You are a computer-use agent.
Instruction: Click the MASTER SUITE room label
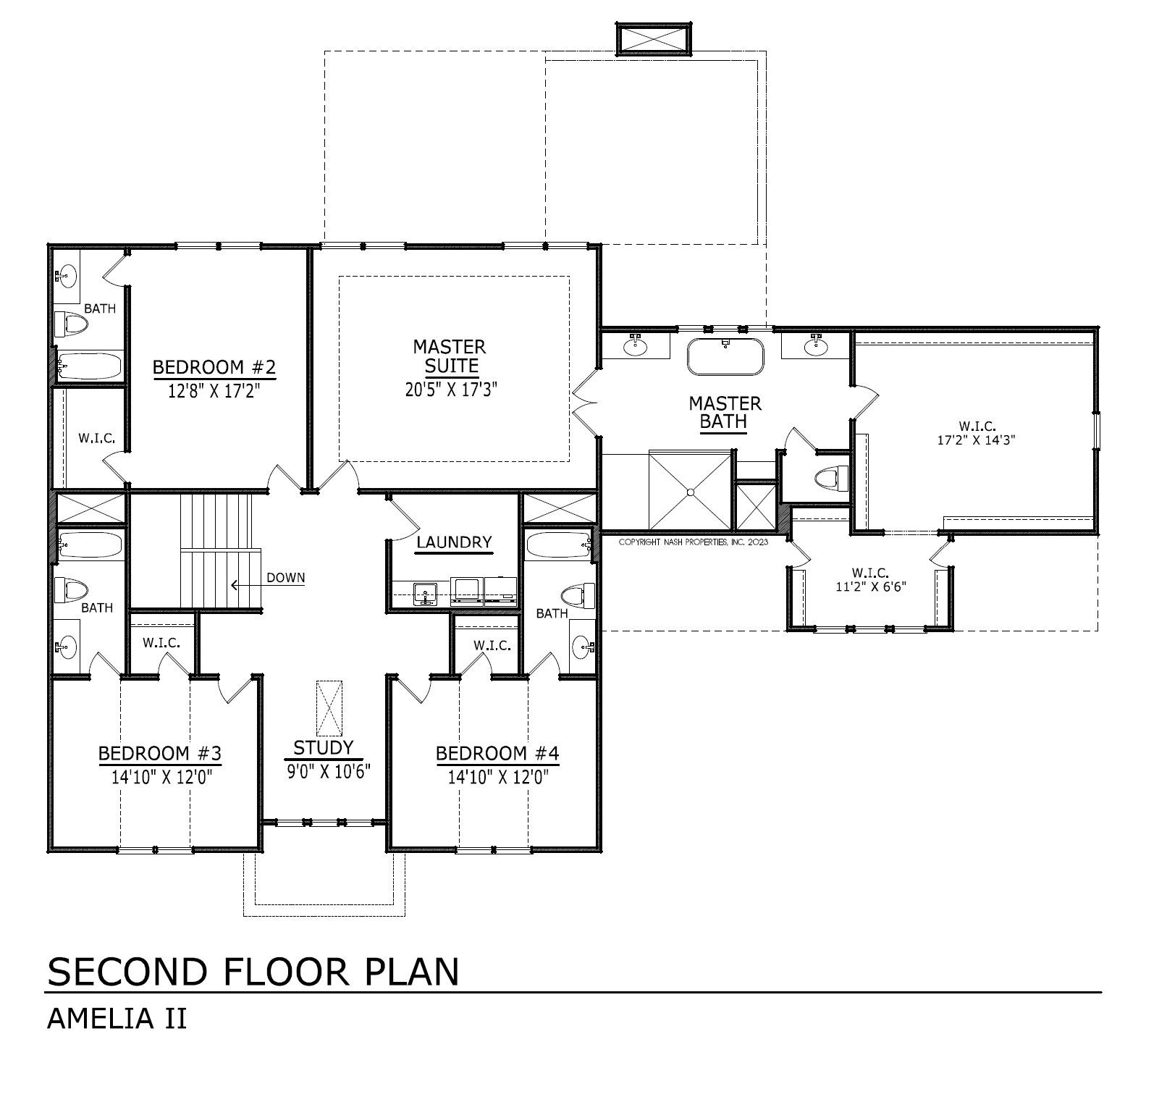pos(450,356)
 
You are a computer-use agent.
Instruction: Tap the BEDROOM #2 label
pos(214,368)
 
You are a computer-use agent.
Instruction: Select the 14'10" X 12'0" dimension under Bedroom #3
pos(160,778)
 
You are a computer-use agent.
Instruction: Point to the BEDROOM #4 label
pos(497,754)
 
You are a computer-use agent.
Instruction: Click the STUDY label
pos(324,747)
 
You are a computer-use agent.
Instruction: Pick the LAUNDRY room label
pos(454,542)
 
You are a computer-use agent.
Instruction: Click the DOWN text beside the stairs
pos(286,578)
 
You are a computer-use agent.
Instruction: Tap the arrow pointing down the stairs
pos(246,584)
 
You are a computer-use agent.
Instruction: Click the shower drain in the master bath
pos(691,492)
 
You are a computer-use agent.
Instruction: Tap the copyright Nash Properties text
pos(694,542)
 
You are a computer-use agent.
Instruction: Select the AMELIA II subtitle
pos(117,1019)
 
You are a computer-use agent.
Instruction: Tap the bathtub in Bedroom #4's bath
pos(559,545)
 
